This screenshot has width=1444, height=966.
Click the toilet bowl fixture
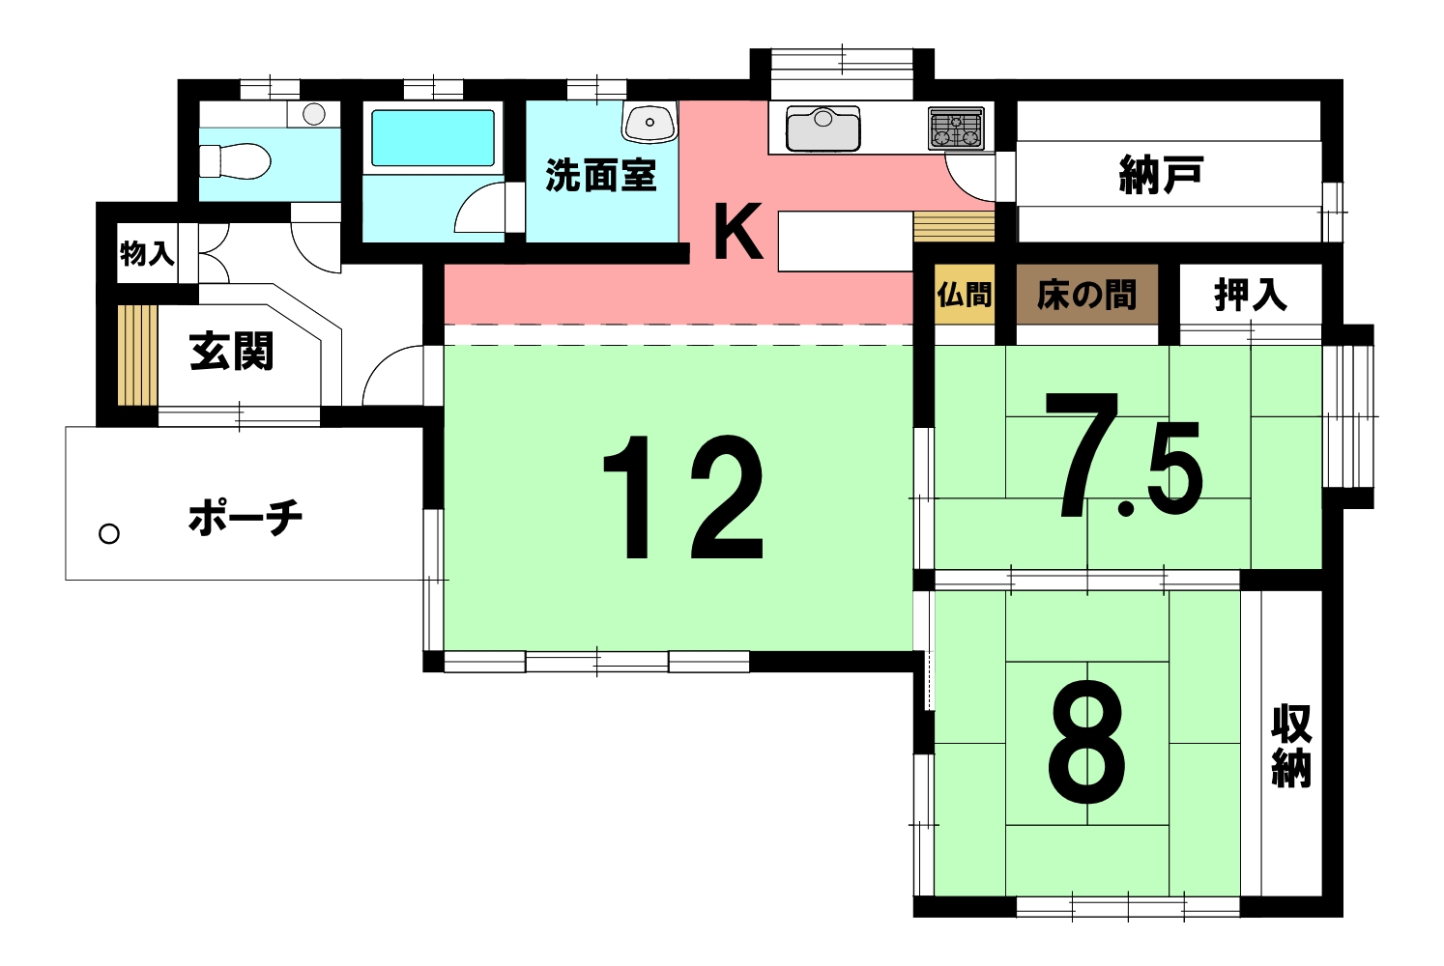point(235,160)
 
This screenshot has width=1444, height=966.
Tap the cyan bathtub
point(433,138)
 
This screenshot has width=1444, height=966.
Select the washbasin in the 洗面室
point(650,121)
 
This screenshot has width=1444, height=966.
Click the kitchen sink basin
point(823,128)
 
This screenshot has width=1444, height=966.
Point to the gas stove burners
point(957,128)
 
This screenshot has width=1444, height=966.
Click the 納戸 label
point(1161,174)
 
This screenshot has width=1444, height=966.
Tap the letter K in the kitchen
point(738,231)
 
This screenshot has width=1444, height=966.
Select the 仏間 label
point(964,295)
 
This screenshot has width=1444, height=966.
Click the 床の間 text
point(1086,296)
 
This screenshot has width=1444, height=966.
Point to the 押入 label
point(1251,296)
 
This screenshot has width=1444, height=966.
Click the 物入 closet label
point(147,253)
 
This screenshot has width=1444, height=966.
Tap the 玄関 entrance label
point(231,351)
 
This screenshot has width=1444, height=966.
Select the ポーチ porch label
point(245,517)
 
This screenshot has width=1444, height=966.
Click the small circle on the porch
point(109,534)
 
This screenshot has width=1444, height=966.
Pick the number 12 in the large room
point(682,497)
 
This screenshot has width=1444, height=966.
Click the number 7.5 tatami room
point(1124,455)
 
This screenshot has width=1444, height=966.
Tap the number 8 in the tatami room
point(1087,742)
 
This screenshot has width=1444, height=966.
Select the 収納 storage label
point(1291,747)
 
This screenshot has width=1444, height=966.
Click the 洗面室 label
point(601,175)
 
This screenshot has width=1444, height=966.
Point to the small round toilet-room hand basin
point(314,114)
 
